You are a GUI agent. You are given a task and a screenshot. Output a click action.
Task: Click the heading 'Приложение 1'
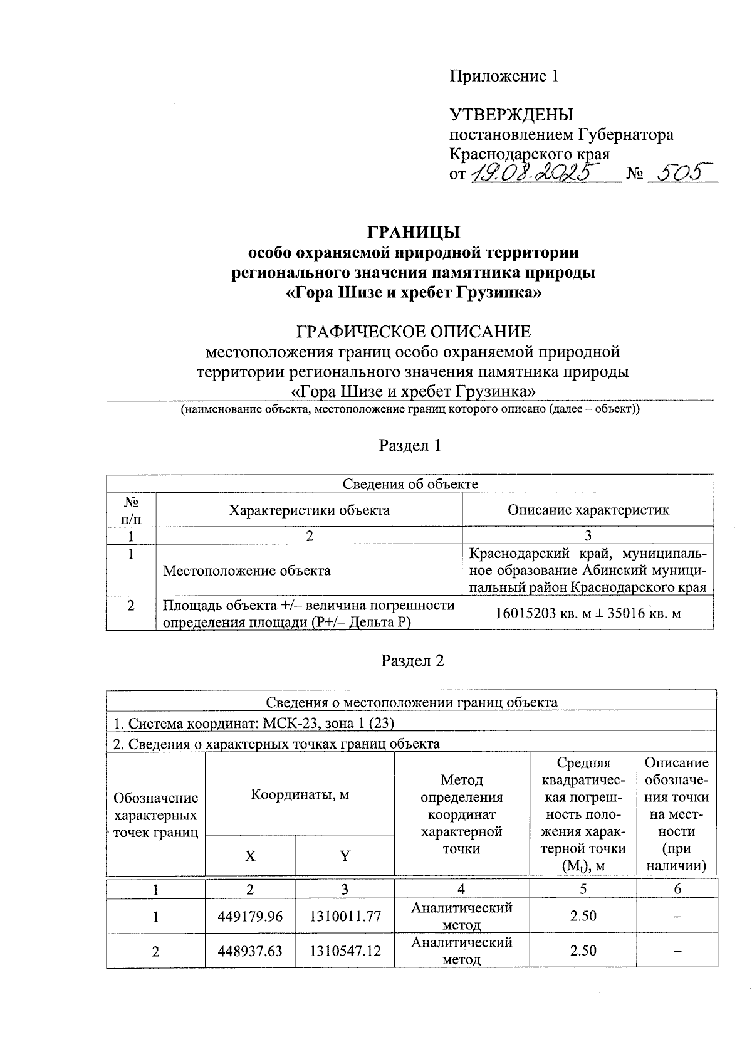pyautogui.click(x=503, y=76)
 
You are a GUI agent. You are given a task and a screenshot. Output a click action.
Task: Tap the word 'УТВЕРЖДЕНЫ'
pyautogui.click(x=511, y=115)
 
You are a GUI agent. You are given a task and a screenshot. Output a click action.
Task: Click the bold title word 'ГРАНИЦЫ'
pyautogui.click(x=414, y=232)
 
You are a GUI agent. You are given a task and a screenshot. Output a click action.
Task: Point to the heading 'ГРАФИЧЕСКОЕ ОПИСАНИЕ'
pyautogui.click(x=413, y=331)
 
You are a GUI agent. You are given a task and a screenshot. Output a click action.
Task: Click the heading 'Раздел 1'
pyautogui.click(x=410, y=446)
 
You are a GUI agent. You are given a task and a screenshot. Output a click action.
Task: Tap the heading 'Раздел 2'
pyautogui.click(x=412, y=661)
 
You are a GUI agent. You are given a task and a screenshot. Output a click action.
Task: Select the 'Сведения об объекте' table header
pyautogui.click(x=410, y=483)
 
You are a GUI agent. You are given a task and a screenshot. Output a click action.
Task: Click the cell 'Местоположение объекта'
pyautogui.click(x=246, y=571)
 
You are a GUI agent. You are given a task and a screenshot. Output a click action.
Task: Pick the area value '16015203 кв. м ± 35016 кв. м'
pyautogui.click(x=588, y=613)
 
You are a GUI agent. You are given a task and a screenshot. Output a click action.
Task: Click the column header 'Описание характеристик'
pyautogui.click(x=588, y=510)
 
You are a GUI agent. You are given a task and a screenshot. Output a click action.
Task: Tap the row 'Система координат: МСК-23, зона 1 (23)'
pyautogui.click(x=253, y=723)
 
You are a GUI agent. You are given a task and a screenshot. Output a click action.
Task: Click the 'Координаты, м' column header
pyautogui.click(x=300, y=794)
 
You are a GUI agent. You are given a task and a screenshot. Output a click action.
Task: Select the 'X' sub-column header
pyautogui.click(x=249, y=856)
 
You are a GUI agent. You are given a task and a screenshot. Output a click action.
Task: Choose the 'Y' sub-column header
pyautogui.click(x=345, y=856)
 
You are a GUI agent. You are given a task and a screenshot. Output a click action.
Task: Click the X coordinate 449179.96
pyautogui.click(x=250, y=916)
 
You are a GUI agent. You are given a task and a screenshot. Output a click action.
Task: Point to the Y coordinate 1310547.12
pyautogui.click(x=345, y=951)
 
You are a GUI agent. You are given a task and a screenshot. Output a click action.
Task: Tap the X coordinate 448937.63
pyautogui.click(x=250, y=951)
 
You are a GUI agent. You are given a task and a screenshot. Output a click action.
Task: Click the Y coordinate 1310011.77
pyautogui.click(x=345, y=916)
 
